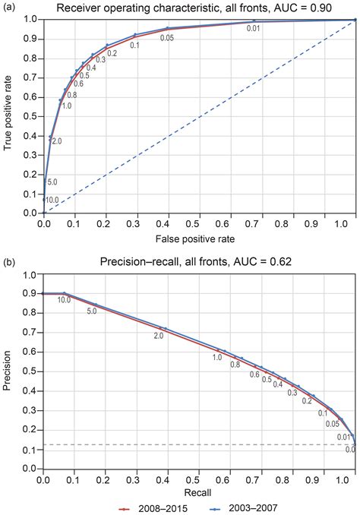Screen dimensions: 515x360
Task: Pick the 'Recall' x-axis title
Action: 199,491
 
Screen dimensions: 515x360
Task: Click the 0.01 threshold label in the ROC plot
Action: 254,29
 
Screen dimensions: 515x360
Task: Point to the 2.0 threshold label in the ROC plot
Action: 56,141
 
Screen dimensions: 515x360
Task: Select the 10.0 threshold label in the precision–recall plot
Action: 64,300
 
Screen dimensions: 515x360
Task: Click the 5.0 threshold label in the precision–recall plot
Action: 92,311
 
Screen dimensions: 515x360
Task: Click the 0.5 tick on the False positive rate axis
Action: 199,224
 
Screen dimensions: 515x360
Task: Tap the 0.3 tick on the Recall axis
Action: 137,479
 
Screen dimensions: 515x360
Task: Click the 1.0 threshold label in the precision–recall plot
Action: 217,357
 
